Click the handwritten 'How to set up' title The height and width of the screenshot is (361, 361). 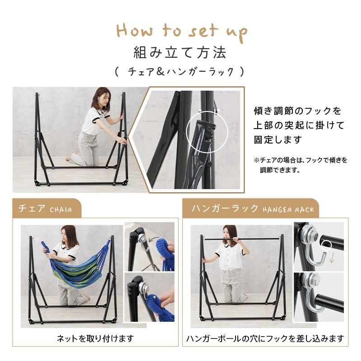click(x=182, y=32)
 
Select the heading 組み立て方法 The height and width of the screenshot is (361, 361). click(x=180, y=53)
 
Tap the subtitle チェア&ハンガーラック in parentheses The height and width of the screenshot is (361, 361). click(x=180, y=72)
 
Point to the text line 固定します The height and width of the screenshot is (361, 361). click(x=278, y=139)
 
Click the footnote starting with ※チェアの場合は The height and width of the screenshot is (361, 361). click(x=300, y=165)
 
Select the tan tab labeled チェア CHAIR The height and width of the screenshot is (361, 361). click(x=47, y=208)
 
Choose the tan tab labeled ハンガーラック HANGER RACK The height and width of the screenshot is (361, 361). click(x=251, y=208)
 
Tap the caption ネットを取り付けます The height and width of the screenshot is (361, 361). click(x=95, y=338)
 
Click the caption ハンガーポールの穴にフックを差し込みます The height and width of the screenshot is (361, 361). click(x=265, y=338)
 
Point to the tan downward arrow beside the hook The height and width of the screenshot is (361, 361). click(x=332, y=259)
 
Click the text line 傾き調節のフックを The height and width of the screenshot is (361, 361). click(x=298, y=111)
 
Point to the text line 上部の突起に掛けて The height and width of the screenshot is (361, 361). click(x=299, y=125)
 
